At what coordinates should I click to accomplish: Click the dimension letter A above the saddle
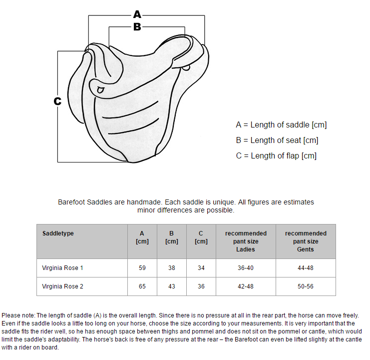point(137,14)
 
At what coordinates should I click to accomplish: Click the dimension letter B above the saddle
point(137,26)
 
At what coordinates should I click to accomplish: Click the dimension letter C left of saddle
point(57,101)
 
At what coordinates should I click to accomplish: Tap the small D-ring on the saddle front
point(101,90)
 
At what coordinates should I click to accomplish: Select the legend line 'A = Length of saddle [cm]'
point(281,124)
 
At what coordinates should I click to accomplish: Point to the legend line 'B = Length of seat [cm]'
point(277,140)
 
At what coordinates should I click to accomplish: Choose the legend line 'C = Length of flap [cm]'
point(276,156)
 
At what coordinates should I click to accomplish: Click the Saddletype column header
point(58,233)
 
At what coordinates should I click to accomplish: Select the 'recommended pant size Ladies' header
point(246,241)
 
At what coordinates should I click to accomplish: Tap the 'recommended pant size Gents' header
point(306,241)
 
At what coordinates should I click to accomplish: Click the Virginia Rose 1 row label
point(62,268)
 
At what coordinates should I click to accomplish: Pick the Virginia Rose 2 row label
point(62,286)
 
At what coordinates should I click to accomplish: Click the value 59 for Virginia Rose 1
point(142,268)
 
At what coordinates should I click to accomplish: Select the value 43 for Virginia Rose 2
point(172,286)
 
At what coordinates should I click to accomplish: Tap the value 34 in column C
point(201,268)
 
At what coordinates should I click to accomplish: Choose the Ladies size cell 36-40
point(245,268)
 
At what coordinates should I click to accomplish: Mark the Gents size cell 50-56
point(306,286)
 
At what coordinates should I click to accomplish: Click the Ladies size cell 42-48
point(245,286)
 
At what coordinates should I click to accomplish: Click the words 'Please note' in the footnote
point(18,315)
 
